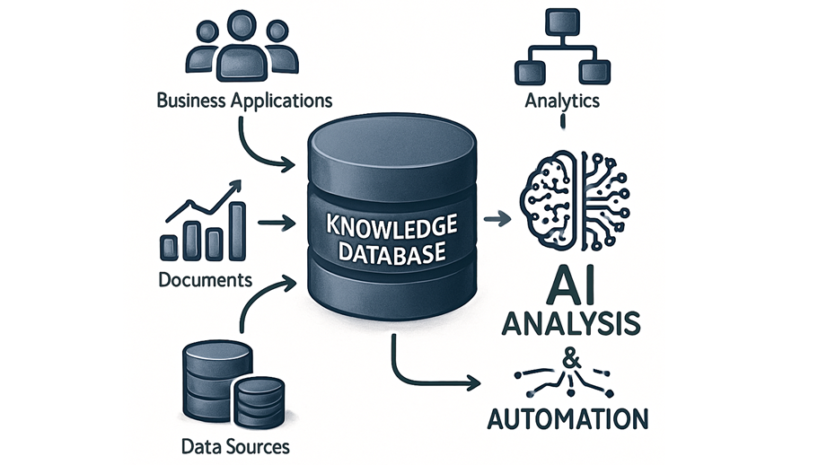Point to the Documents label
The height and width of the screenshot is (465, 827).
[x=205, y=280]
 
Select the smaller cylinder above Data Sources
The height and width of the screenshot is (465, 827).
[x=260, y=399]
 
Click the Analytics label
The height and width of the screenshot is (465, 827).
[x=562, y=101]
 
